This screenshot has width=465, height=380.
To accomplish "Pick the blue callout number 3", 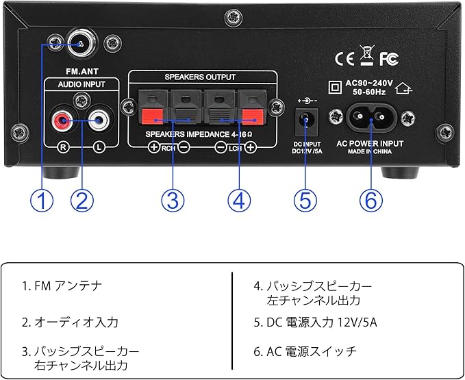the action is click(x=173, y=200).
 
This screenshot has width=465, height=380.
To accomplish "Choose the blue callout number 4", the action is click(x=238, y=200).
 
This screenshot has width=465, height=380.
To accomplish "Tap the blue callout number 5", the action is click(x=305, y=200).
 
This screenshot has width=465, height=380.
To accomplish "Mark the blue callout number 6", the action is click(x=370, y=200).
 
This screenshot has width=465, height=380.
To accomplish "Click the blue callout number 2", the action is click(x=82, y=200).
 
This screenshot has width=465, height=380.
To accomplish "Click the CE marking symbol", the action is click(x=344, y=58).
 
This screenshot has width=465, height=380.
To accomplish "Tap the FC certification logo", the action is click(x=388, y=58).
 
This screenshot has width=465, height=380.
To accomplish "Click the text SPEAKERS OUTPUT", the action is click(x=200, y=77).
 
